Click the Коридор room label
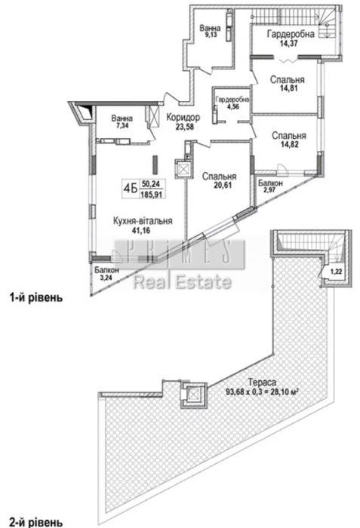coord(183,118)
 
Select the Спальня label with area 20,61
coord(219,177)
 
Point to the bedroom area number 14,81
coord(289,88)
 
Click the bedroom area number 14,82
coord(290,145)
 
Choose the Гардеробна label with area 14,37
coord(291,34)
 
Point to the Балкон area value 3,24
coord(105,278)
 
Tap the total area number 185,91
coord(152,195)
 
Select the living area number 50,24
coord(152,184)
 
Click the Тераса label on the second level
coord(262,382)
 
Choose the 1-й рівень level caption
coord(36,298)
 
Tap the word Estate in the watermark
coord(203,282)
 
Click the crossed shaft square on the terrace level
coord(192,393)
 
